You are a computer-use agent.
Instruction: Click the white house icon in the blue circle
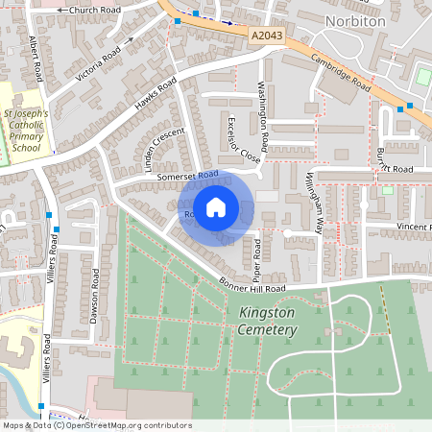coord(217,205)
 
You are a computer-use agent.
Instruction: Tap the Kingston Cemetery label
coord(262,322)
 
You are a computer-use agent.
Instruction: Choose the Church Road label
coord(88,11)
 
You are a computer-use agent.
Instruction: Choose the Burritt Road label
coord(394,169)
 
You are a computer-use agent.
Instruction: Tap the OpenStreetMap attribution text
coord(96,425)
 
